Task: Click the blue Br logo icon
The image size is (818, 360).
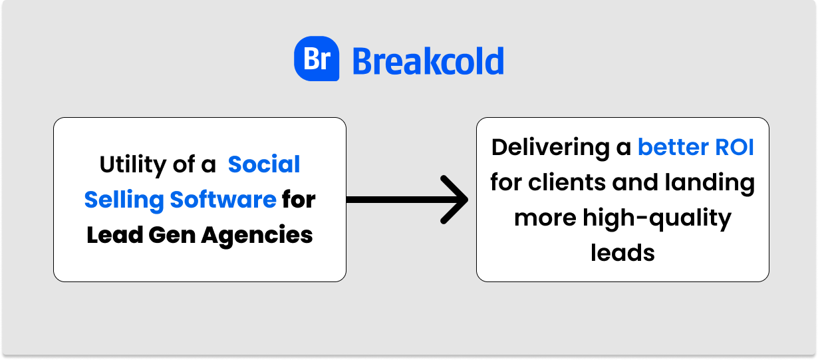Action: click(x=317, y=59)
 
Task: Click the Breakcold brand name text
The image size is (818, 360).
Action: click(x=428, y=61)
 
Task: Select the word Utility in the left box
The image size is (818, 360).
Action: click(x=133, y=165)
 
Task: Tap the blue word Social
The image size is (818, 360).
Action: click(x=263, y=164)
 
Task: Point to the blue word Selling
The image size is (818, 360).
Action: click(x=124, y=200)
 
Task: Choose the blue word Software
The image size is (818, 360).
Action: click(x=223, y=200)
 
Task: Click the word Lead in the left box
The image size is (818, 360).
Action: click(x=114, y=235)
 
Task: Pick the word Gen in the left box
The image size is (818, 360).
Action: click(x=172, y=235)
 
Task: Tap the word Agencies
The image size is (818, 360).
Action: click(x=257, y=236)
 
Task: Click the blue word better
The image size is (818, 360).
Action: click(x=673, y=147)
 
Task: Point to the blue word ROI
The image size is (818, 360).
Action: click(x=734, y=148)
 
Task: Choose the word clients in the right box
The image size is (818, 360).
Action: click(x=567, y=182)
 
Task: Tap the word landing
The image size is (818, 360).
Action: click(x=710, y=183)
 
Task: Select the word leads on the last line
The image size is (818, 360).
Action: click(x=622, y=253)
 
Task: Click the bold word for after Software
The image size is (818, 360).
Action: click(x=299, y=200)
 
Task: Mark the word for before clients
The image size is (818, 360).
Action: click(x=506, y=182)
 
